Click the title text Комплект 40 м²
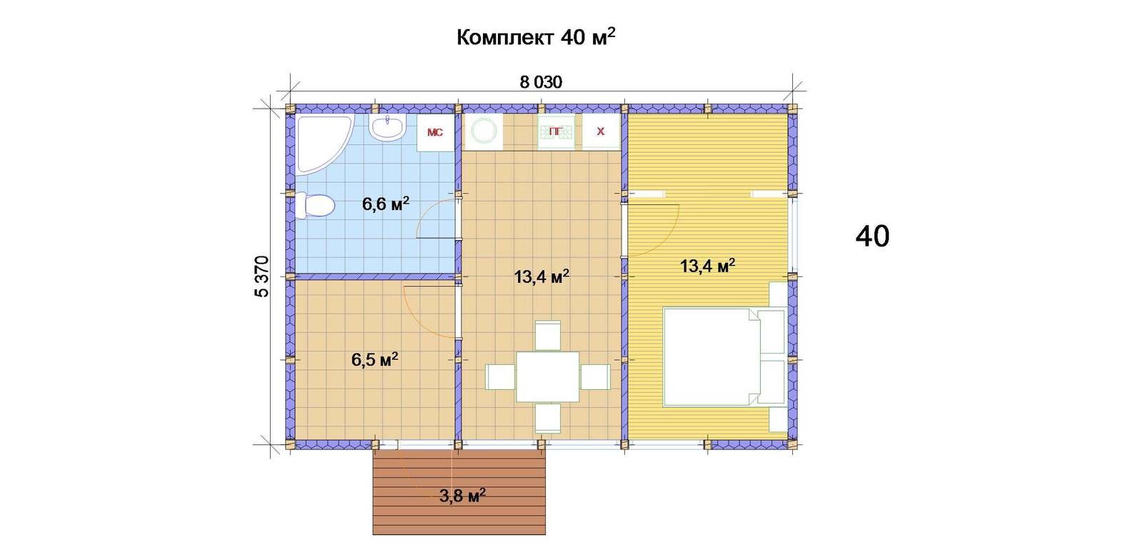tap(536, 37)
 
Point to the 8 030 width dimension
tap(541, 82)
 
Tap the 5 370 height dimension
tap(261, 276)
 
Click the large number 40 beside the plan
tap(872, 236)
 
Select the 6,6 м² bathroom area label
tap(386, 204)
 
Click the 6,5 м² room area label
tap(374, 359)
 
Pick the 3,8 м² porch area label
tap(462, 495)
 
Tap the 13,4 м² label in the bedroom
tap(708, 266)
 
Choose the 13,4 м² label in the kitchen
tap(541, 277)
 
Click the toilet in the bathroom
tap(315, 206)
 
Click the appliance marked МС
tap(435, 133)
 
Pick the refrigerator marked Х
tap(601, 131)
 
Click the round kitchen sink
tap(484, 131)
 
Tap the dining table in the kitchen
tap(547, 376)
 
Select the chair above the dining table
tap(548, 335)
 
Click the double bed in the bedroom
tap(724, 357)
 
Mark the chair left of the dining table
tap(501, 377)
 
